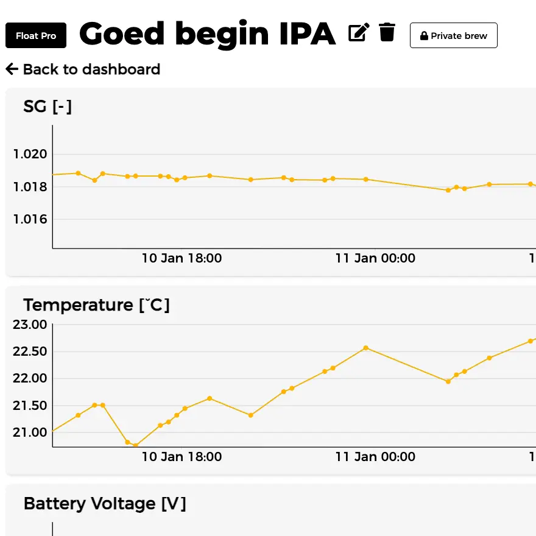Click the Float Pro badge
point(36,36)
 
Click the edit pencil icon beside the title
point(359,32)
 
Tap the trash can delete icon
point(387,32)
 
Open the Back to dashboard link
point(83,69)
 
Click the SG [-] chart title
point(48,107)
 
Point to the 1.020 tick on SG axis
point(30,154)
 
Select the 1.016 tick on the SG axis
point(30,219)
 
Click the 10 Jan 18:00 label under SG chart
point(182,258)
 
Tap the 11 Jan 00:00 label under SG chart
point(375,258)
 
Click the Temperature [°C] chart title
point(96,305)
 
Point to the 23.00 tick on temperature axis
point(30,325)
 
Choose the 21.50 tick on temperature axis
point(30,406)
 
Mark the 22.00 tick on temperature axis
point(30,378)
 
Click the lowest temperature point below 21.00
point(135,445)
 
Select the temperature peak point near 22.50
point(365,348)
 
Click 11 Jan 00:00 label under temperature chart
point(375,457)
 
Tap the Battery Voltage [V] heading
point(105,504)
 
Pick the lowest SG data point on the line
point(448,190)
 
